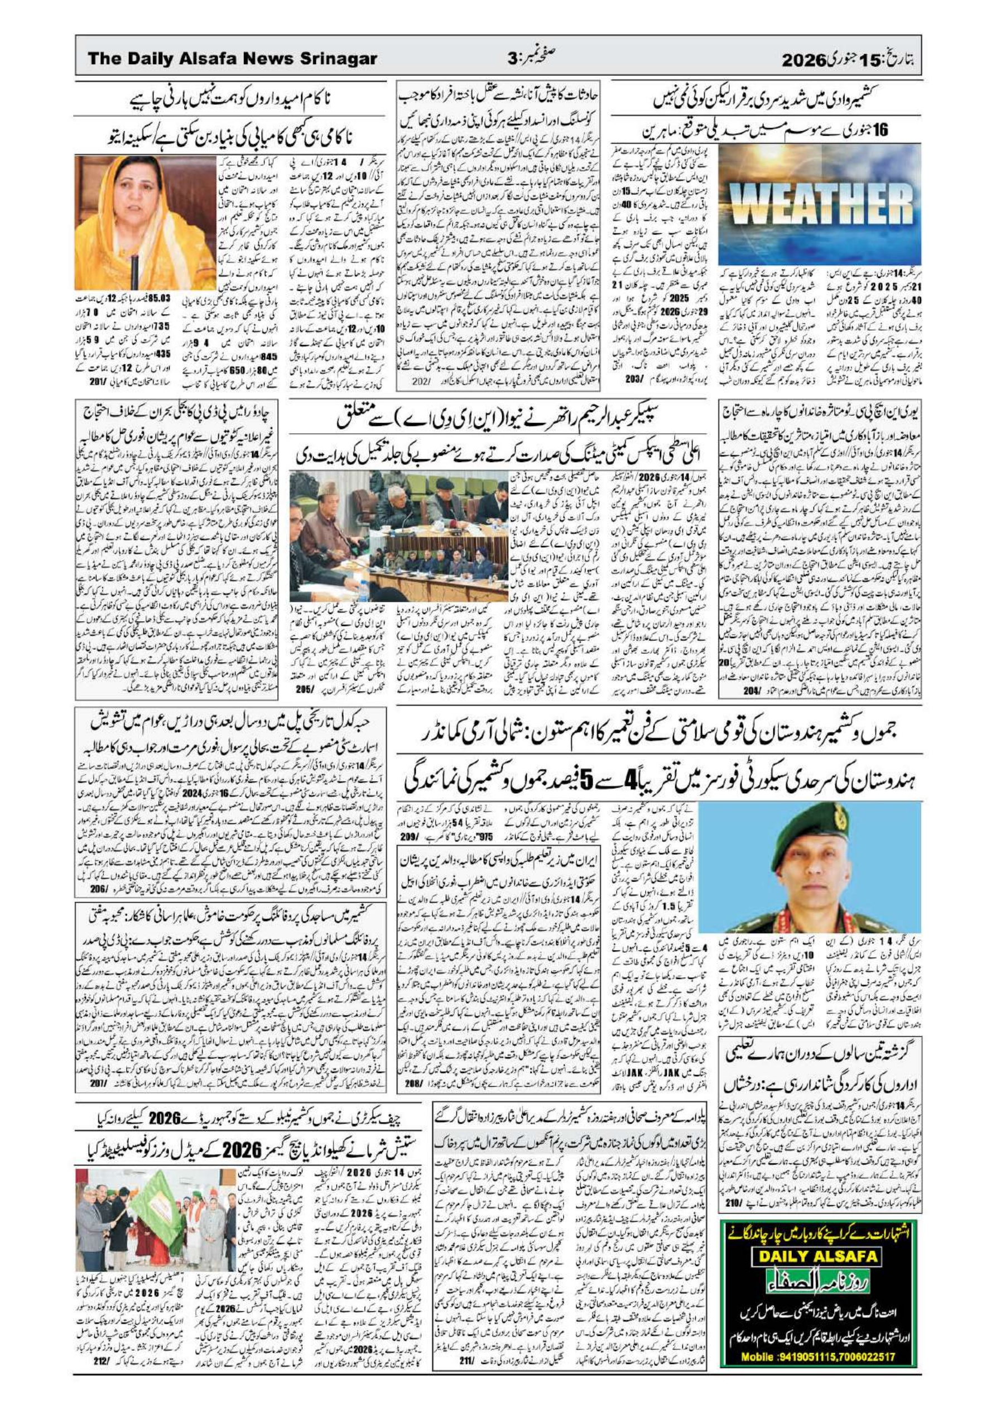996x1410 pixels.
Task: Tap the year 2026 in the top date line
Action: pos(802,60)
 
